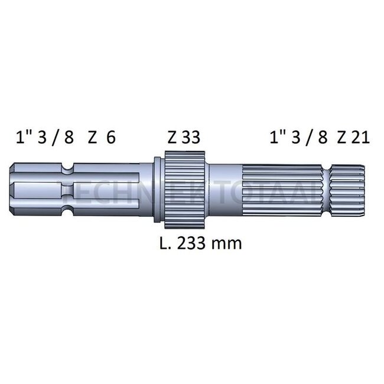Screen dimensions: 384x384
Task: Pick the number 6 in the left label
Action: point(110,138)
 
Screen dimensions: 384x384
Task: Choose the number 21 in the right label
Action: point(360,138)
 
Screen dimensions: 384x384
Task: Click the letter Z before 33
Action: point(172,138)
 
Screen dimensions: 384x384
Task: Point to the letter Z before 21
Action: point(341,138)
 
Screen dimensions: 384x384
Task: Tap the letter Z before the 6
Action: point(92,138)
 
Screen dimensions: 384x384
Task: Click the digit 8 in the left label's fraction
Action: point(69,138)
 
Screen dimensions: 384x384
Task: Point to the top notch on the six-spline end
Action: point(69,170)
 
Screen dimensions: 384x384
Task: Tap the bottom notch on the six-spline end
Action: point(69,209)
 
